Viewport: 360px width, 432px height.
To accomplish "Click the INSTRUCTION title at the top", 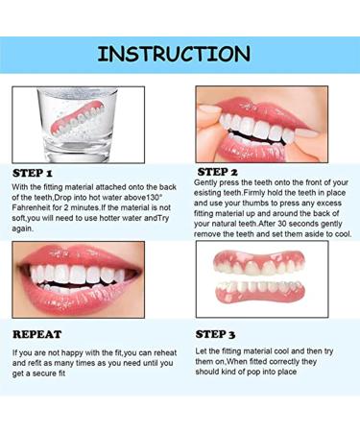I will tap(180, 53).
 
